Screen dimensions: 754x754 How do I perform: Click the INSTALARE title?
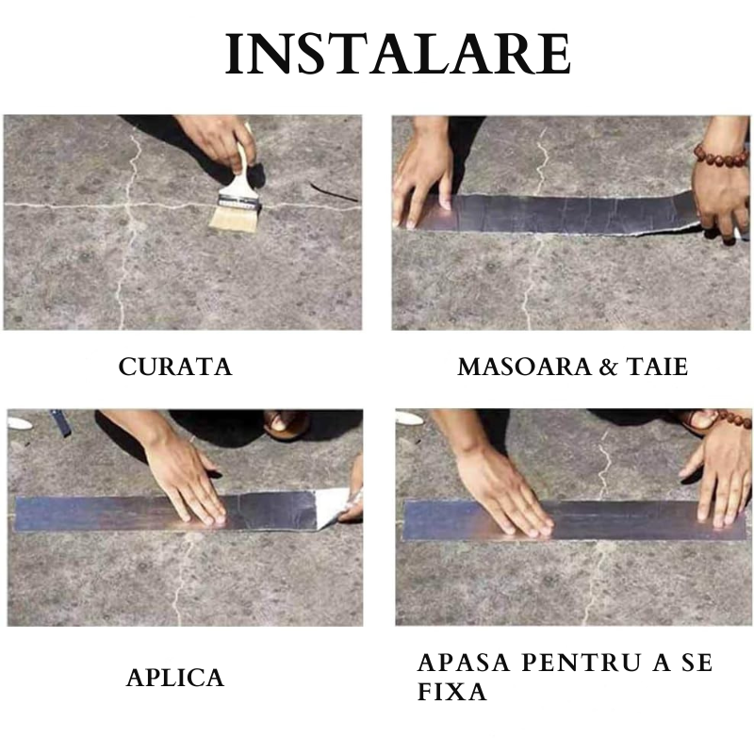tap(398, 55)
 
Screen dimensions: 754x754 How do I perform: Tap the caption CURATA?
tap(174, 368)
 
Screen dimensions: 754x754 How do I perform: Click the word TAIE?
tap(657, 368)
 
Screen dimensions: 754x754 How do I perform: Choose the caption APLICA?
tap(175, 678)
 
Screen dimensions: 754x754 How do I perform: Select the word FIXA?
tap(451, 693)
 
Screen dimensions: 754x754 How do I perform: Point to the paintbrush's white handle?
tap(243, 170)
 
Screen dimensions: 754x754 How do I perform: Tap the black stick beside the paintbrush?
tap(332, 191)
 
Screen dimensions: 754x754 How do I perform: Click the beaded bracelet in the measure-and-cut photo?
tap(721, 153)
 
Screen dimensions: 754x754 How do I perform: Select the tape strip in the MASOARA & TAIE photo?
tap(565, 213)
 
